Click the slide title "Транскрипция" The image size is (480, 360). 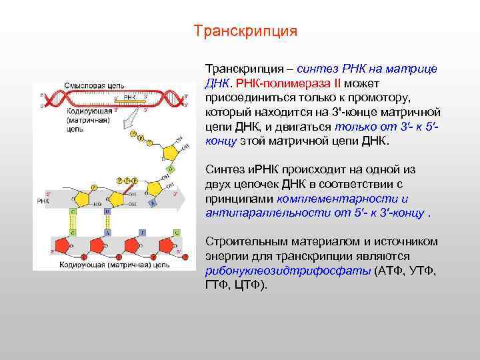245,31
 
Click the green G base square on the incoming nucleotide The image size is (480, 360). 170,170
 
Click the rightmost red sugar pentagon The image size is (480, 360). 166,245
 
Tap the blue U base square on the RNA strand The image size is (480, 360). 107,212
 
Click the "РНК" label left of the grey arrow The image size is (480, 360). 43,200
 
